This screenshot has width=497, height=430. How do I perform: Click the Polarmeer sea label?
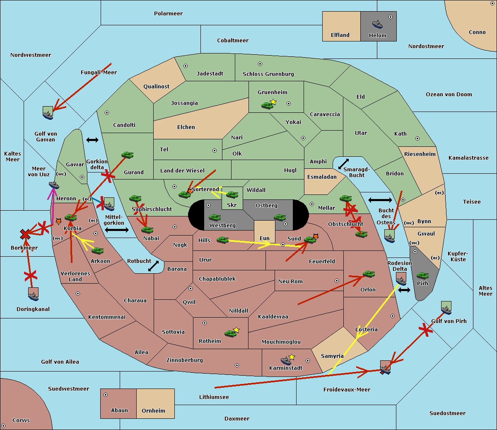tap(168, 14)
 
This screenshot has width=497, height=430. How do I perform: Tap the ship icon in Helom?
tap(377, 24)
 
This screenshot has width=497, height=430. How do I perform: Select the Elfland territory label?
tap(340, 35)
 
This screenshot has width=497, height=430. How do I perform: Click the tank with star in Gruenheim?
tap(268, 105)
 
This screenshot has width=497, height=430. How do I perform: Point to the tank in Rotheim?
tap(230, 333)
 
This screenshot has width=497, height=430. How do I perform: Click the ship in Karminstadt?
tap(286, 360)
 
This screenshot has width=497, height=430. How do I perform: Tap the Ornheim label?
tap(153, 411)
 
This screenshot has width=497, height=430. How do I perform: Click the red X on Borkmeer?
tap(25, 235)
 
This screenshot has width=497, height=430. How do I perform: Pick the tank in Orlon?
tap(369, 274)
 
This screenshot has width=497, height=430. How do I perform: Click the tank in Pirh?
tap(422, 275)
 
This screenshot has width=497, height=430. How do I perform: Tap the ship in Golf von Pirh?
tap(446, 309)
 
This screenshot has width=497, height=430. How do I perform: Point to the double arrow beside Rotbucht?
tap(154, 266)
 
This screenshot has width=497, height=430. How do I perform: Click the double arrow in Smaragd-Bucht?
tap(344, 164)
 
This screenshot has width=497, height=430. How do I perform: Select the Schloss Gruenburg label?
tap(268, 74)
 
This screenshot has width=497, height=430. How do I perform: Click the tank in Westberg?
tap(215, 218)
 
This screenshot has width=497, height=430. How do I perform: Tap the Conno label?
tap(477, 32)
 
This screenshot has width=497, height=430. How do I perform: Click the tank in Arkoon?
tap(97, 250)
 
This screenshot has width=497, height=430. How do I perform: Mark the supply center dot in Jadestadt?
tap(186, 66)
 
